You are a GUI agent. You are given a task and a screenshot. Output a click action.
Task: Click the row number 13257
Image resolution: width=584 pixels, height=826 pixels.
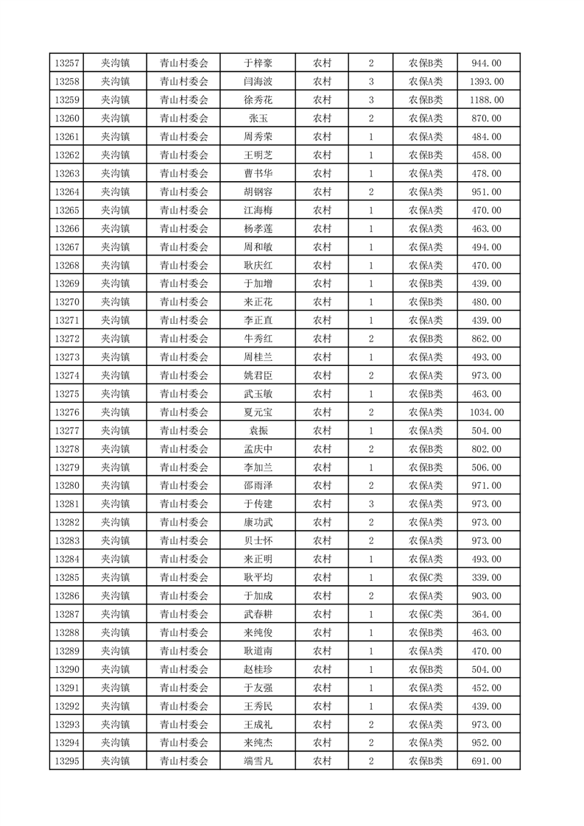click(x=66, y=63)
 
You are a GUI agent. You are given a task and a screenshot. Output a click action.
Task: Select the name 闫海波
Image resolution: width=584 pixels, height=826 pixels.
click(x=258, y=82)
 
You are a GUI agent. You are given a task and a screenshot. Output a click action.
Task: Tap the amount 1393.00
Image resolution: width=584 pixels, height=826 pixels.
click(x=486, y=82)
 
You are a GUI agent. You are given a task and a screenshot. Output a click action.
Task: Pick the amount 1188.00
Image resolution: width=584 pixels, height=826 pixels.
click(x=486, y=100)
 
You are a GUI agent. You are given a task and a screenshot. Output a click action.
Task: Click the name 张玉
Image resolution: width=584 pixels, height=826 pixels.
click(x=258, y=119)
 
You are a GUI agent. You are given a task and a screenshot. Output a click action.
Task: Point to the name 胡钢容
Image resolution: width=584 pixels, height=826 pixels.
click(x=258, y=192)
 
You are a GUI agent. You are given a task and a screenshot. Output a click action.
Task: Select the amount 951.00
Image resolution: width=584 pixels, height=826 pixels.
click(x=486, y=192)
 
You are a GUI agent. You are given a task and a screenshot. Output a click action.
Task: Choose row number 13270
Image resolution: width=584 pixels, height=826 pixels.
click(x=66, y=302)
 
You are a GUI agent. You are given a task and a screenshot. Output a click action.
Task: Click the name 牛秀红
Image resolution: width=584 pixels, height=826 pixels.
click(x=258, y=339)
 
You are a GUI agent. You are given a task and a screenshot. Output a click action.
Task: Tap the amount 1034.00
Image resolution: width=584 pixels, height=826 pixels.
click(x=486, y=412)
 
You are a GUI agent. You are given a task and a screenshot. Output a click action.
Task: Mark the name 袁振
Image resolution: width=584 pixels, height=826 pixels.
click(x=258, y=431)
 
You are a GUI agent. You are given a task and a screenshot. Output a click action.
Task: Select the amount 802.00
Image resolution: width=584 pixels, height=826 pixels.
click(x=486, y=449)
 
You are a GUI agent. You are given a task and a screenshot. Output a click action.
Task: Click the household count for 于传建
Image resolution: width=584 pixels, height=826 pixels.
click(x=370, y=504)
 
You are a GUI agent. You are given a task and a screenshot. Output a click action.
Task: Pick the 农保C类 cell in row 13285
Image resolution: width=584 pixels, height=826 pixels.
click(x=426, y=578)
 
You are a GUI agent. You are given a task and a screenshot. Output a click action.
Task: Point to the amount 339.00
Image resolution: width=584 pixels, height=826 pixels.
click(x=486, y=578)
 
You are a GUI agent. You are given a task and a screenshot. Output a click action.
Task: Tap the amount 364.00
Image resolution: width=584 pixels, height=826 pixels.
click(x=486, y=614)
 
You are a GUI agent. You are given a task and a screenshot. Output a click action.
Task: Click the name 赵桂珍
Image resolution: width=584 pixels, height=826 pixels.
click(x=258, y=669)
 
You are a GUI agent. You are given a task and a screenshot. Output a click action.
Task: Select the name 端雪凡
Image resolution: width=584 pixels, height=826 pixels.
click(x=258, y=761)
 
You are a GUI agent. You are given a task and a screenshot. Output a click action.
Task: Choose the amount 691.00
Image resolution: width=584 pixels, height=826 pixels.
click(x=486, y=761)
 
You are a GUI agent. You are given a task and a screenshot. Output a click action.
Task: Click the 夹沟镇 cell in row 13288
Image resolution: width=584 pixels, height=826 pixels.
click(x=115, y=632)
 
